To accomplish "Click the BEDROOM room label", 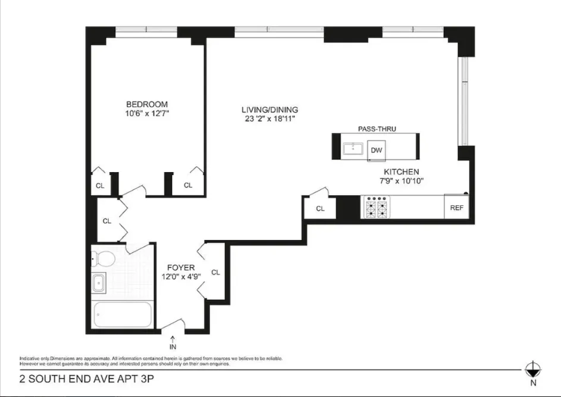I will pos(146,104).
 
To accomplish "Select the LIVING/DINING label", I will pos(269,110).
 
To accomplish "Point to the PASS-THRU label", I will pos(377,129).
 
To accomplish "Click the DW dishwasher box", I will pos(376,150).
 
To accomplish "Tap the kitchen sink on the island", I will pos(355,148).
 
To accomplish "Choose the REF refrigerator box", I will pos(456,208).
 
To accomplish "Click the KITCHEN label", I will pos(401,171).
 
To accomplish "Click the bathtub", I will pos(123,314).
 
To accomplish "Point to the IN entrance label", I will pos(173,346).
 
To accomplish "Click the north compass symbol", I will pos(533,369).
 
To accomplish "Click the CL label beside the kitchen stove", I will pos(320,208).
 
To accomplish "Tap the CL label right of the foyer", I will pos(215,272).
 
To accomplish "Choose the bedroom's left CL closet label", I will pos(100,186).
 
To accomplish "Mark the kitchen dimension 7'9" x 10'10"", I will pos(401,181).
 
